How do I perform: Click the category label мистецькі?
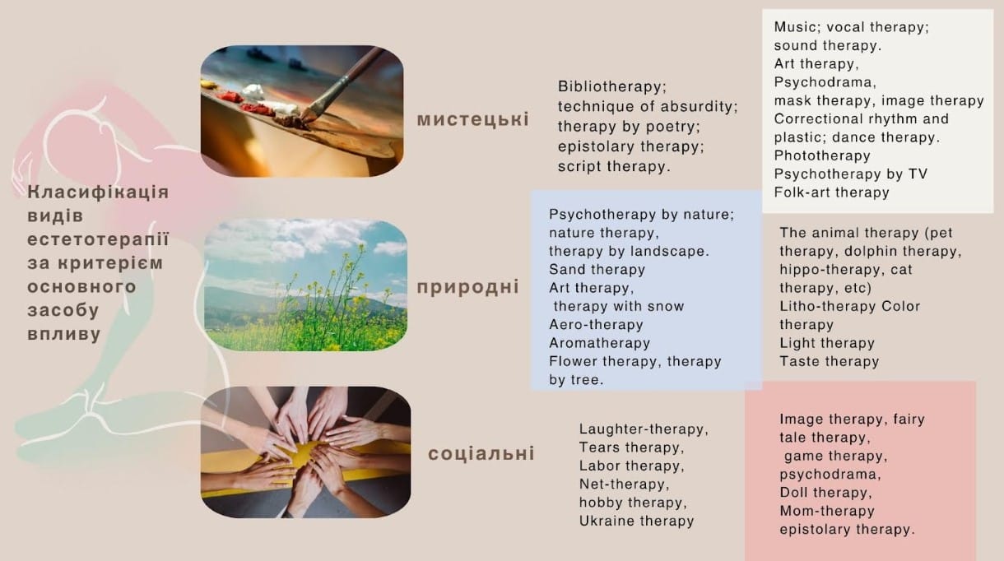click(x=473, y=119)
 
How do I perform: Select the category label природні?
click(x=468, y=287)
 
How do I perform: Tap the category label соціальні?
click(x=481, y=453)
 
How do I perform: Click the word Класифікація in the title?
click(x=98, y=192)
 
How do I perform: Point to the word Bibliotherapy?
click(x=612, y=86)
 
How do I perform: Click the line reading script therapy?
click(x=614, y=167)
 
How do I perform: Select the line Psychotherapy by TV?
click(x=850, y=174)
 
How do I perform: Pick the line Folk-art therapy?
click(x=831, y=192)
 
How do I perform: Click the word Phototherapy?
click(x=822, y=155)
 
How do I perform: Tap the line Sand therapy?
click(x=597, y=269)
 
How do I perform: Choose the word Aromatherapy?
click(x=599, y=343)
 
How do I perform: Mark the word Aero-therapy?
click(x=596, y=324)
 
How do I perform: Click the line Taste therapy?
click(x=830, y=361)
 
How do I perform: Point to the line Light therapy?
click(x=827, y=343)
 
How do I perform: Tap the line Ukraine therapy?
click(x=636, y=521)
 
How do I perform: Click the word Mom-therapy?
click(x=827, y=511)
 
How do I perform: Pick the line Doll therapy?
click(x=825, y=493)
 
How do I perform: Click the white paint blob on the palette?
click(x=253, y=92)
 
